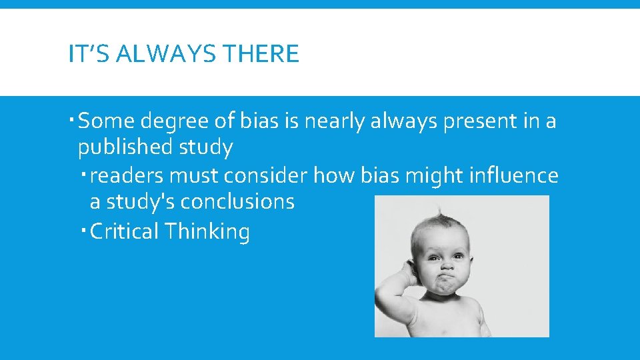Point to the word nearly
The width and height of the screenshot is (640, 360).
click(337, 122)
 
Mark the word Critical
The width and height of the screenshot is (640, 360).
click(124, 232)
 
